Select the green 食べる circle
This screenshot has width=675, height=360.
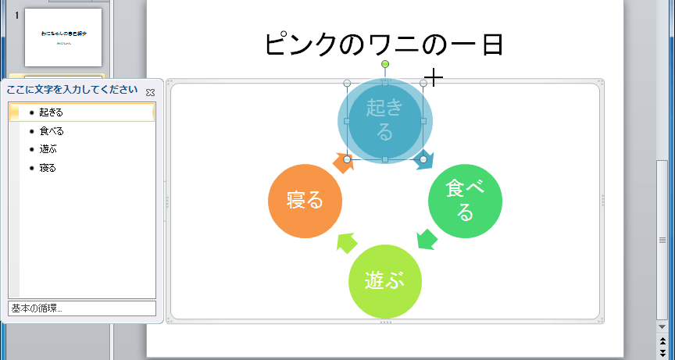(x=465, y=200)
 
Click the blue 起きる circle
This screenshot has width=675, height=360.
(x=384, y=121)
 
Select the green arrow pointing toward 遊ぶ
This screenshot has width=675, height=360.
(x=426, y=238)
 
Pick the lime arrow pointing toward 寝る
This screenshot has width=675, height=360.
(x=345, y=242)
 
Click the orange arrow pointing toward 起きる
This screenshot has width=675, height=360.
(x=343, y=162)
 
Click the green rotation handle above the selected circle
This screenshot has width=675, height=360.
(x=384, y=64)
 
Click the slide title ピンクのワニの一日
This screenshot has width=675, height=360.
(x=384, y=44)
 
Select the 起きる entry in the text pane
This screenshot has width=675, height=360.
(x=52, y=112)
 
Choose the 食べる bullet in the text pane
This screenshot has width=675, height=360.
(x=52, y=131)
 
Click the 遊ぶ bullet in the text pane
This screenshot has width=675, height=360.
(x=48, y=149)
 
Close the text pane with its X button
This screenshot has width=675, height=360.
(x=150, y=92)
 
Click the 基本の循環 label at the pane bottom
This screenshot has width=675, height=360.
(x=37, y=308)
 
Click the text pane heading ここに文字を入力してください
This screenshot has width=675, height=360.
(x=72, y=90)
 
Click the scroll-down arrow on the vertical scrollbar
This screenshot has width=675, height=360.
(x=662, y=326)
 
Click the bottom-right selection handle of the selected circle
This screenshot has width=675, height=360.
(x=423, y=159)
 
